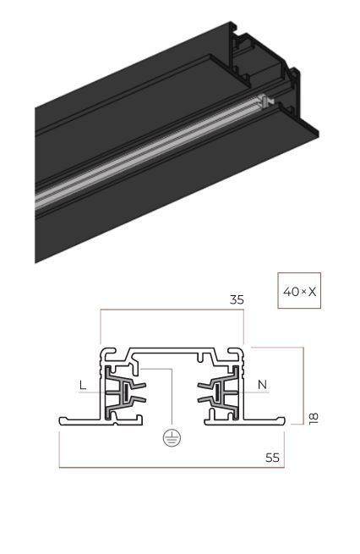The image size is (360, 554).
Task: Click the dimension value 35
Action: (x=237, y=299)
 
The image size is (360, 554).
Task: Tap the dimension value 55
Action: (x=272, y=458)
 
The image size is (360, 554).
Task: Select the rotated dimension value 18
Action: (x=314, y=419)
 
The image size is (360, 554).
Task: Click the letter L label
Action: (x=83, y=385)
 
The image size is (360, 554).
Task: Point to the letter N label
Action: (x=262, y=384)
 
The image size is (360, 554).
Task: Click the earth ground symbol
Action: (x=172, y=438)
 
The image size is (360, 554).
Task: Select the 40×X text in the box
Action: (x=299, y=292)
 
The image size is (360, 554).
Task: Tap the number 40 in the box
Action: (x=291, y=292)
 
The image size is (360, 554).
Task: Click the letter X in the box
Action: (x=312, y=292)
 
